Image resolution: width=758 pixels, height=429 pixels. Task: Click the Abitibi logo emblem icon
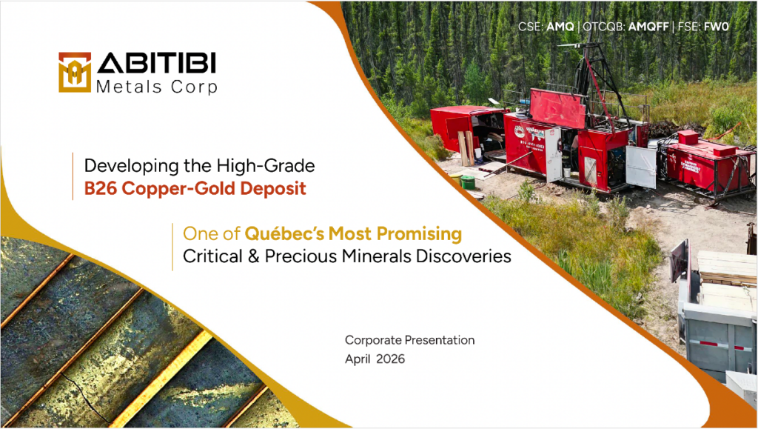click(75, 72)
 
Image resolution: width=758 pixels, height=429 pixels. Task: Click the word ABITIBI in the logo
click(156, 64)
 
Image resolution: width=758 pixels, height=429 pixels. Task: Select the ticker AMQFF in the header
click(648, 27)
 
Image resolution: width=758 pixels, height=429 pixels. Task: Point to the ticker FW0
click(716, 27)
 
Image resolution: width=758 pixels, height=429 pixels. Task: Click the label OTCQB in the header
click(603, 27)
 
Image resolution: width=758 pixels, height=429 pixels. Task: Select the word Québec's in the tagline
click(285, 233)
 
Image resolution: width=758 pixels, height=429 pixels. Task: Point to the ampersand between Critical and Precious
click(253, 256)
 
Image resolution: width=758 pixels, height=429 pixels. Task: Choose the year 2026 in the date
click(391, 359)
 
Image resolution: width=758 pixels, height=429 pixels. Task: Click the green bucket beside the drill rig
click(468, 182)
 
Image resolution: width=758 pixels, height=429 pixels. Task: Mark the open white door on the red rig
click(641, 167)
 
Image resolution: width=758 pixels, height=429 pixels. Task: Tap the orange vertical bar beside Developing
click(73, 176)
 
